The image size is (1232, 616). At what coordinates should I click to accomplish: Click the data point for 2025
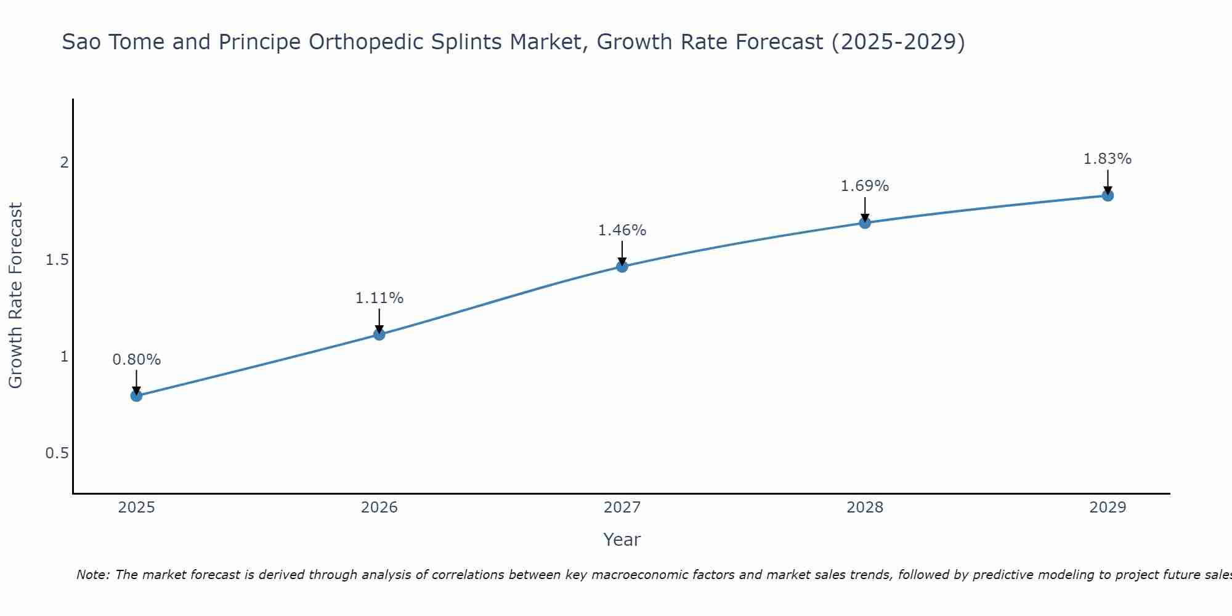137,395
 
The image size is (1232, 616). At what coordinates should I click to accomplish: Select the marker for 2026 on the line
379,334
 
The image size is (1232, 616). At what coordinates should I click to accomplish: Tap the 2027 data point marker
622,267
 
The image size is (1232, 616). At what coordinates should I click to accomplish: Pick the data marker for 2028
865,222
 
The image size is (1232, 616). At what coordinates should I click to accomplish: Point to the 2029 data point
1108,196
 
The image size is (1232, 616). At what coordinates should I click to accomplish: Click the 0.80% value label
137,360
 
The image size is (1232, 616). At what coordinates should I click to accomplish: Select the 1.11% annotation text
379,298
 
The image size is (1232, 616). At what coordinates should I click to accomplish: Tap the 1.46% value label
622,230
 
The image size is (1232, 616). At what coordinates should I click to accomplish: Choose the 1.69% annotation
865,186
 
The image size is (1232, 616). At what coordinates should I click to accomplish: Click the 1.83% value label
1108,159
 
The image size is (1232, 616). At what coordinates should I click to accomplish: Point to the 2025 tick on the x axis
137,508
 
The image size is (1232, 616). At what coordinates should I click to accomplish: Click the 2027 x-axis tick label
622,508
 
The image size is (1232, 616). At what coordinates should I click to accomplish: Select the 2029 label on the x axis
1108,508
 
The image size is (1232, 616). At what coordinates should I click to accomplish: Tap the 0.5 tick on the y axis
57,453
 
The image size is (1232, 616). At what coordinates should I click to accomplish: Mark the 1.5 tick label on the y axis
57,260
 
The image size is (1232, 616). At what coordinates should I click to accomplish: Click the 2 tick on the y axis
63,163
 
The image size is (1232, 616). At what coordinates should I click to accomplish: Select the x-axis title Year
622,540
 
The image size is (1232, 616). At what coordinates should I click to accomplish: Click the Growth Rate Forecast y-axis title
15,296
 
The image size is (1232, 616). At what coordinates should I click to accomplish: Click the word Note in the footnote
92,575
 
